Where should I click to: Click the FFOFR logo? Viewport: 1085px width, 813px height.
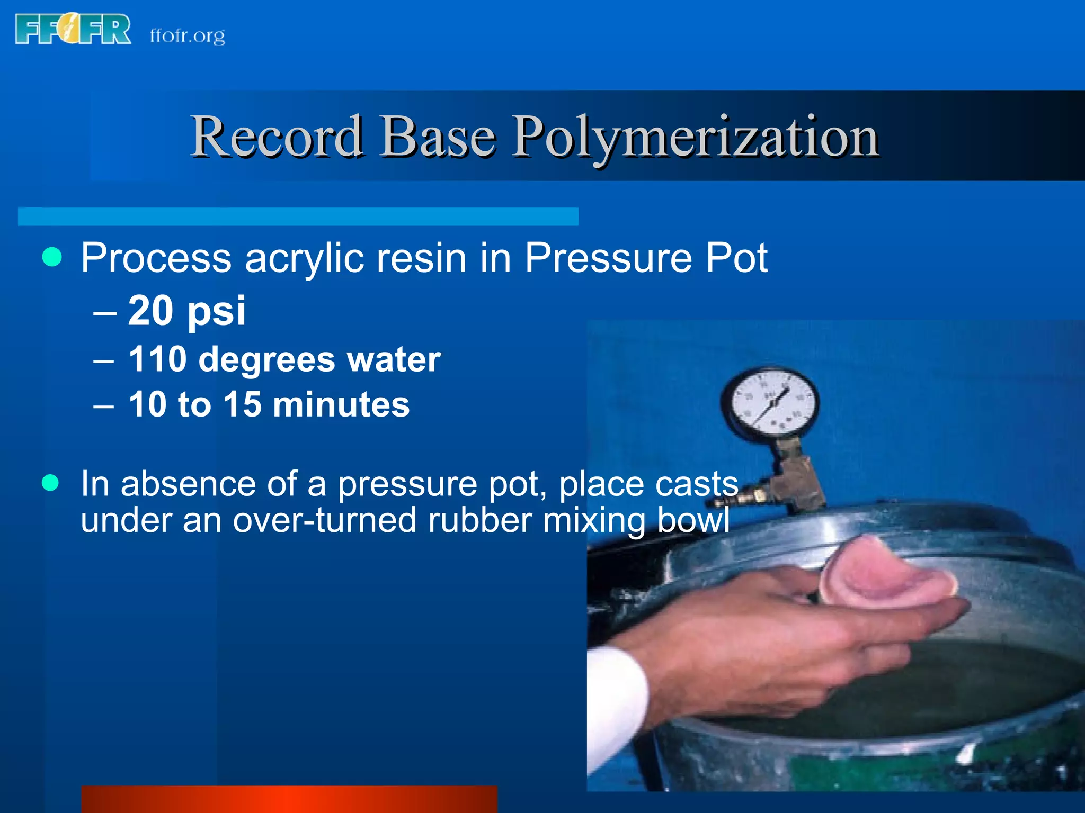(73, 30)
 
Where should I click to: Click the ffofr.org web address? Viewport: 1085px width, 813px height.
(187, 36)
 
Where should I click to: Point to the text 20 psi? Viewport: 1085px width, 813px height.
(186, 311)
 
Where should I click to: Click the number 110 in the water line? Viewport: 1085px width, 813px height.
(157, 359)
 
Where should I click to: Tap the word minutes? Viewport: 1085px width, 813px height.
(341, 405)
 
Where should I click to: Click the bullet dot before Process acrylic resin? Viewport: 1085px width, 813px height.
(52, 257)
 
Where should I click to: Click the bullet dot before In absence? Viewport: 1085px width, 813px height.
(50, 483)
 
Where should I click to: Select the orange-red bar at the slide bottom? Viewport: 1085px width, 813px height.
(289, 799)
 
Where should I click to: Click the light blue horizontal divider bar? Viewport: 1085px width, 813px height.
(298, 216)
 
